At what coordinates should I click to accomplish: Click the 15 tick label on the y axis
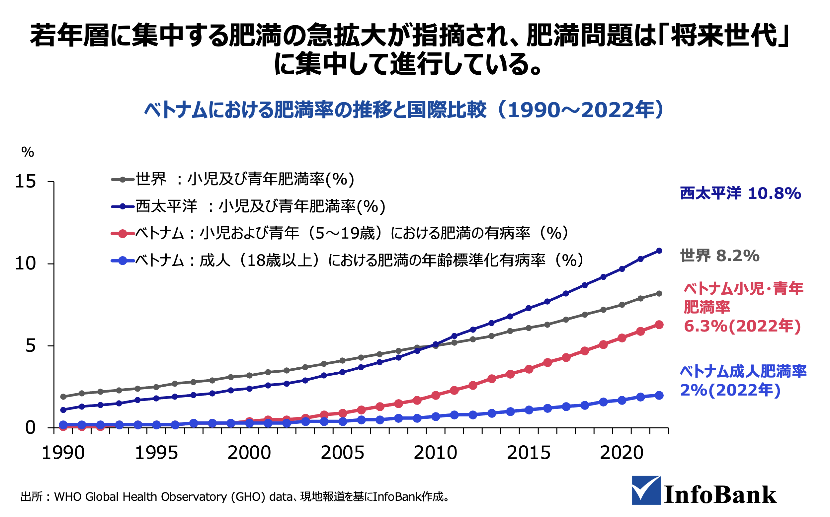click(25, 182)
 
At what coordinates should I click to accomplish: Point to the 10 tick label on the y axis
click(25, 263)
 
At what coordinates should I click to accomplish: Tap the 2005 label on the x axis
click(342, 453)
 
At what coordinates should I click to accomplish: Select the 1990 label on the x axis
click(63, 453)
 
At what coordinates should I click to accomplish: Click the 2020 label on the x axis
click(622, 453)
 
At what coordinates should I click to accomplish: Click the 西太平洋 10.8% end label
click(740, 193)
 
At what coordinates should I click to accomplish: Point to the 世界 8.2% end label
click(719, 256)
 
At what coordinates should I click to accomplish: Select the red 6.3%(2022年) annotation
click(742, 326)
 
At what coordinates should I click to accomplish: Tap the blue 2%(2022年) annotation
click(730, 390)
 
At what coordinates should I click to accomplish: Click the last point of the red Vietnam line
click(659, 325)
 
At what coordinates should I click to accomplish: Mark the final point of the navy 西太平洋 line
click(659, 251)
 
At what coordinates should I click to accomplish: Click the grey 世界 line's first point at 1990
click(63, 397)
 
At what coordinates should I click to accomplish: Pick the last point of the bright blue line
click(659, 395)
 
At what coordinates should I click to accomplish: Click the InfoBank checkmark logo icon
click(646, 490)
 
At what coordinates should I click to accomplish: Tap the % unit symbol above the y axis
click(28, 152)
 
